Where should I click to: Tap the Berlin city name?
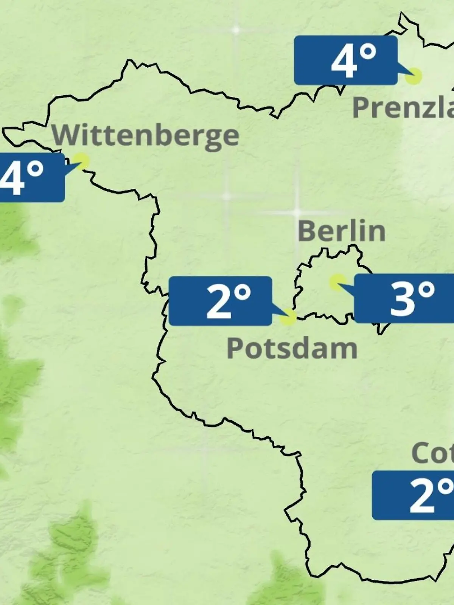click(x=341, y=231)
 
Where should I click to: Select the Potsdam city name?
click(x=292, y=349)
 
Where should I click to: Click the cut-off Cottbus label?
click(x=432, y=453)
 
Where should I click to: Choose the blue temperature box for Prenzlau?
click(x=346, y=60)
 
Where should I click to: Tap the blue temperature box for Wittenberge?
click(x=30, y=177)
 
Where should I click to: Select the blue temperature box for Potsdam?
click(x=220, y=301)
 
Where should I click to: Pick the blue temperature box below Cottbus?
click(x=413, y=495)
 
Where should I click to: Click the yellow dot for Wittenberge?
click(x=81, y=161)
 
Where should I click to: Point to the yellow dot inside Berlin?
click(x=337, y=282)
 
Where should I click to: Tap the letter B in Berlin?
click(x=307, y=231)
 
